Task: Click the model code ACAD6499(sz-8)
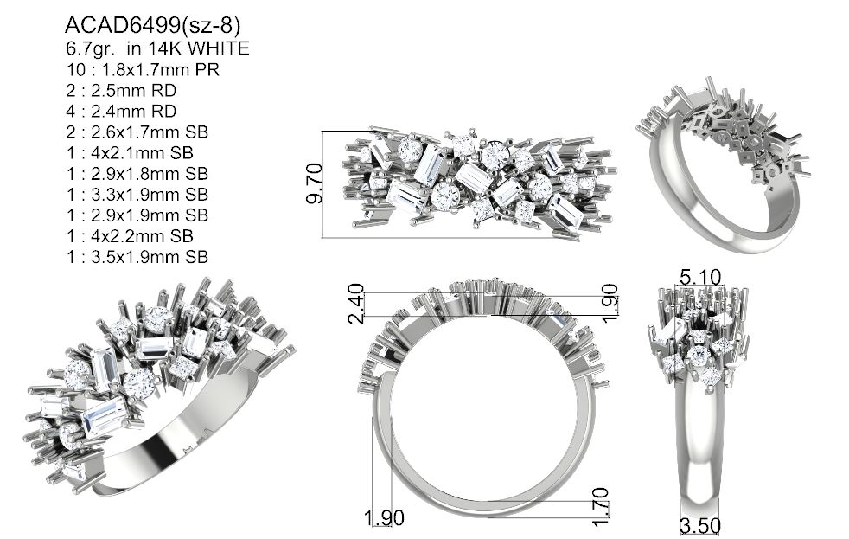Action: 152,25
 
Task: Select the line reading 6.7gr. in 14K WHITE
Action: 157,48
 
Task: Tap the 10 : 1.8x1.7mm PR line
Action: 143,70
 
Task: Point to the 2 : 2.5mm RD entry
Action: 121,91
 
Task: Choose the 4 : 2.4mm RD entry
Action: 121,111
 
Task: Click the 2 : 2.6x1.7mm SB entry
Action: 137,132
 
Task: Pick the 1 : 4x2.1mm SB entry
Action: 130,153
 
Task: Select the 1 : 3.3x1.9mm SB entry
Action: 137,195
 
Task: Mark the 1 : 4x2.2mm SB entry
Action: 130,236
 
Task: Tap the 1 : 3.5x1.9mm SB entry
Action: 137,257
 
